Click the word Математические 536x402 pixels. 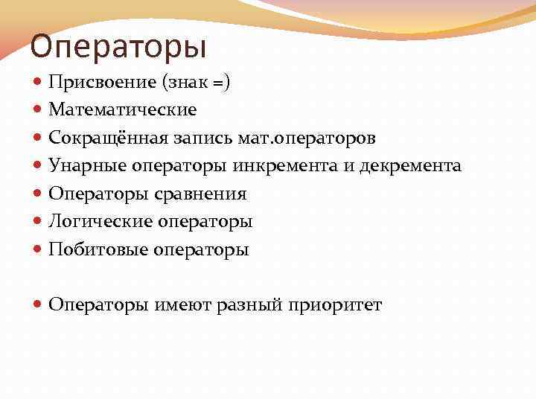click(123, 110)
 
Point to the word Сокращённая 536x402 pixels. click(95, 138)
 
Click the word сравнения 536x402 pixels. click(200, 194)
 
